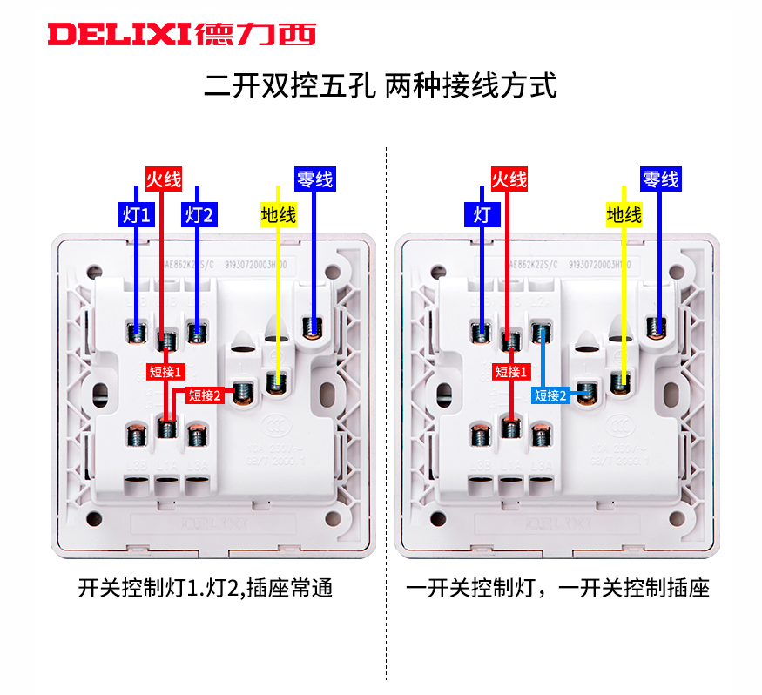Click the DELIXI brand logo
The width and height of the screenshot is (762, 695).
point(181,34)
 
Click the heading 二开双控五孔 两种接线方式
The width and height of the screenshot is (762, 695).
point(381,87)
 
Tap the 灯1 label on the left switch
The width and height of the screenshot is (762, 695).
point(137,215)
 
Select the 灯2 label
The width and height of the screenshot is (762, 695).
point(199,215)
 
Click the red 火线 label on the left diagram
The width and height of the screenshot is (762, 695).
point(163,180)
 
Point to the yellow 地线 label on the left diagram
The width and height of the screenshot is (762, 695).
point(278,214)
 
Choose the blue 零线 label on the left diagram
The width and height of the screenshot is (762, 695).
point(314,179)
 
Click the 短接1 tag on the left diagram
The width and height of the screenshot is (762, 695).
point(165,371)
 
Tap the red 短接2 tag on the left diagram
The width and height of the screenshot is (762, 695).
point(205,395)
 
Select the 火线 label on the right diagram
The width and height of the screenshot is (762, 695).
point(509,179)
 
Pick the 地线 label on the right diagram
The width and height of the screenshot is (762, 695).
point(624,214)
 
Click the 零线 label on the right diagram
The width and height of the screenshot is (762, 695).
point(659,179)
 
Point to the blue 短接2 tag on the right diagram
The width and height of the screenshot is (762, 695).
point(550,395)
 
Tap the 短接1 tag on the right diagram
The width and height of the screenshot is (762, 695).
point(511,371)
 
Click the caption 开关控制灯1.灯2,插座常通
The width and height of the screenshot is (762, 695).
point(206,589)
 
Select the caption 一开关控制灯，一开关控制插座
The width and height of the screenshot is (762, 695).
point(558,589)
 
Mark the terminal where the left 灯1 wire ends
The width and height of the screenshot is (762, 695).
point(137,331)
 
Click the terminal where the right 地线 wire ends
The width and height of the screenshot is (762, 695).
point(621,380)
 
